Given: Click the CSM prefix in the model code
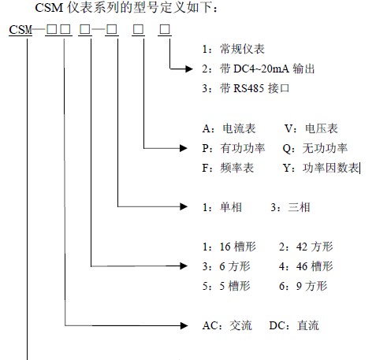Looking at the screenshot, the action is (20, 30).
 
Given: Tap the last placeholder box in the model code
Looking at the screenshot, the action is (165, 29).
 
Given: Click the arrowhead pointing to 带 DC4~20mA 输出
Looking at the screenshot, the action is (189, 69).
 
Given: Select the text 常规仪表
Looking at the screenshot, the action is (242, 49).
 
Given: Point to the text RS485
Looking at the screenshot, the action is (248, 88).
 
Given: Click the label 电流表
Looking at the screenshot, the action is (239, 128).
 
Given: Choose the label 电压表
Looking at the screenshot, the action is (321, 128).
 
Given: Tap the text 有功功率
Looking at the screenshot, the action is (243, 148).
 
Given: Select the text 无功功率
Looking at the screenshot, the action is (325, 148).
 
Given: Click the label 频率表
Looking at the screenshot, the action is (236, 168).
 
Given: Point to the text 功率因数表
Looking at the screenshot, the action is (330, 168).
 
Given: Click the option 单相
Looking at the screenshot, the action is (231, 207).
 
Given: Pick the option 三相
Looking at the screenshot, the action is (299, 207).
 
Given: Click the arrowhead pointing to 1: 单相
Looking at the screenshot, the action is (184, 206).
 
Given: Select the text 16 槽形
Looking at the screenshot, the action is (237, 247).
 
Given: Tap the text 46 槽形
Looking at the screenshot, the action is (315, 266).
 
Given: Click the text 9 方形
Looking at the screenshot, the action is (311, 286).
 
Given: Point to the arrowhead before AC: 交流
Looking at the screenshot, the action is (184, 325).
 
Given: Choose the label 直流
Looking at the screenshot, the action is (308, 325).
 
